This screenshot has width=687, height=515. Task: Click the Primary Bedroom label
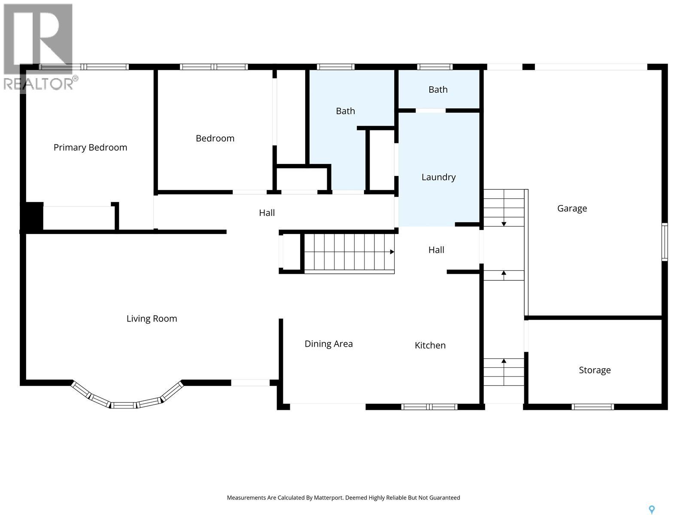(x=90, y=147)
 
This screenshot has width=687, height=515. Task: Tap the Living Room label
(x=152, y=318)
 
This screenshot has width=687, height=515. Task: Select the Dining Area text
(x=328, y=344)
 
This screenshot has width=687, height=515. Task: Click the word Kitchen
(x=430, y=345)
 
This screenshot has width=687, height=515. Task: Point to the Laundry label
(x=438, y=177)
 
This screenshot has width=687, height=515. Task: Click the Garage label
(x=571, y=208)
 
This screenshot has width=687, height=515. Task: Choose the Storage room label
(x=594, y=370)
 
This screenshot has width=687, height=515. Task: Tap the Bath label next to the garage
(x=438, y=89)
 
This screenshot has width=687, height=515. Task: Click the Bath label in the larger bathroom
(x=345, y=111)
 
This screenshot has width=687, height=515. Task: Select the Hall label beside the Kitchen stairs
(x=436, y=250)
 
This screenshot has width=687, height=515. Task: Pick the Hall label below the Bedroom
(x=267, y=212)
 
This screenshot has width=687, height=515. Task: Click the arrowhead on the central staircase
(x=392, y=252)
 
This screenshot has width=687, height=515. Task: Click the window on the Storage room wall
(x=593, y=406)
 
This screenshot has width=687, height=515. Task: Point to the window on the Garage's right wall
(x=664, y=242)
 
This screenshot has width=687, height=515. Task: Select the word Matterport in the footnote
(x=328, y=498)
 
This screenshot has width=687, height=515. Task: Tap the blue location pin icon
(x=651, y=509)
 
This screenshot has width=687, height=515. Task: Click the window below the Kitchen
(x=429, y=406)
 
